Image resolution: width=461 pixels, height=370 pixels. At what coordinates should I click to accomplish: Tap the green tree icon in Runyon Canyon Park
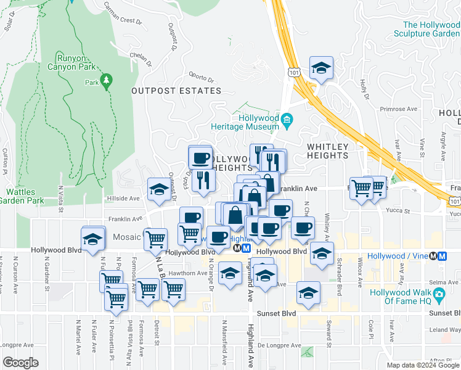point(107,81)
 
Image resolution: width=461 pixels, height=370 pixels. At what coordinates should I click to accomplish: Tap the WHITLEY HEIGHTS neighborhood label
point(328,151)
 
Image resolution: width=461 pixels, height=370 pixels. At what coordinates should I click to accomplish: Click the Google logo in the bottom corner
point(21,362)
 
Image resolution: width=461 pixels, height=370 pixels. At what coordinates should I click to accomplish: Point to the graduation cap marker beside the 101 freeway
point(320,68)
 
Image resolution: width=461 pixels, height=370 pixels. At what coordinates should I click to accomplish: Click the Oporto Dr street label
point(201,79)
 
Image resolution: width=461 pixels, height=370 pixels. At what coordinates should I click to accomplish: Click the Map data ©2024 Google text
point(423,365)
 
